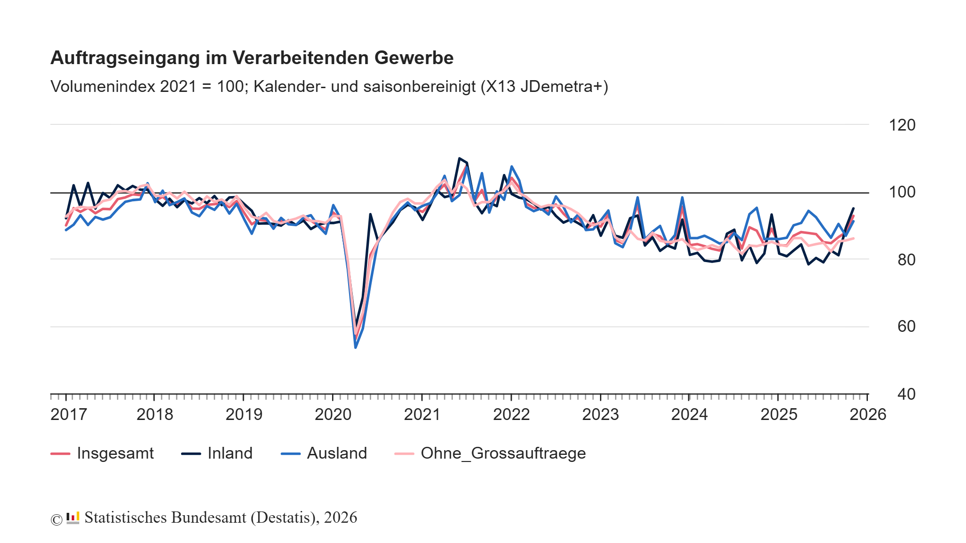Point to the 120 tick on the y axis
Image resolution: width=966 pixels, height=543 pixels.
click(902, 125)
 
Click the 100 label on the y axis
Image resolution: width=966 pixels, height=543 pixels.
click(902, 192)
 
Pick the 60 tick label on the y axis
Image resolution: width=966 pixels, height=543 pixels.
click(906, 326)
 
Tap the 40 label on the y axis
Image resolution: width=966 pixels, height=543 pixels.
click(906, 394)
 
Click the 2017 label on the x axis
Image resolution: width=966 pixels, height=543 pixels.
click(68, 414)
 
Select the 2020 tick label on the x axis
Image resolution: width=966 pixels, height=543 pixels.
click(333, 414)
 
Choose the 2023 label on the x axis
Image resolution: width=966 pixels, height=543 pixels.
click(600, 414)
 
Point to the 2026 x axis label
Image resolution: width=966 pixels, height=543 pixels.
click(867, 414)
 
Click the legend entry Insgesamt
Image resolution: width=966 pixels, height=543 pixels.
click(115, 453)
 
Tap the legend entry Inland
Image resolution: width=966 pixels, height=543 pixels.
click(230, 453)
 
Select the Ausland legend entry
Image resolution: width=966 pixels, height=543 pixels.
click(336, 453)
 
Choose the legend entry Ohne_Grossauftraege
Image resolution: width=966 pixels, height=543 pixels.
click(503, 453)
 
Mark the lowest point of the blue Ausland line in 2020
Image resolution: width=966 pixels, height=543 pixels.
click(355, 347)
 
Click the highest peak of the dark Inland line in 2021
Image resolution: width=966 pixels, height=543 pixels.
click(459, 158)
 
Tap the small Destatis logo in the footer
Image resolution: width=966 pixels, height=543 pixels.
click(73, 518)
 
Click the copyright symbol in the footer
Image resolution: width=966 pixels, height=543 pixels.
click(56, 519)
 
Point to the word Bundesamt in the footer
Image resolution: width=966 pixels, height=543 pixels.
click(208, 518)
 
